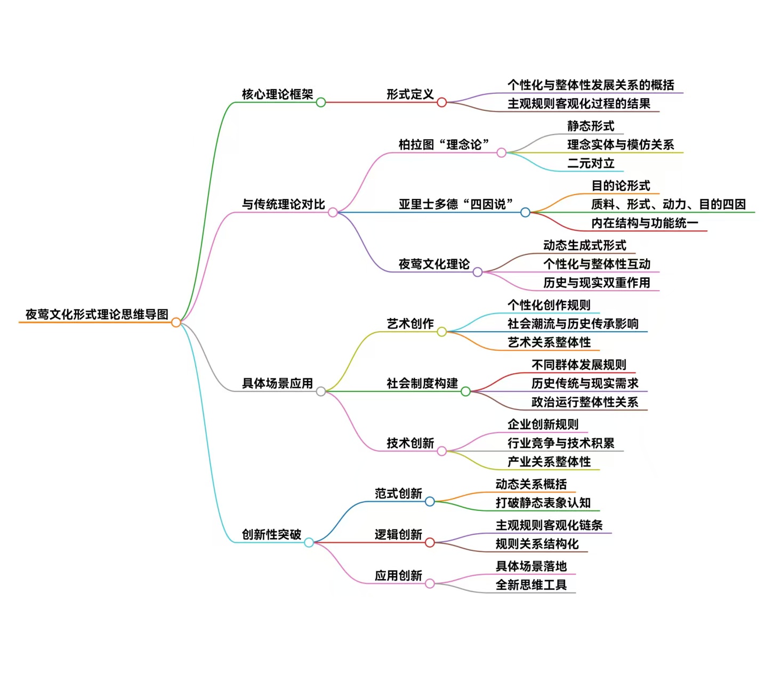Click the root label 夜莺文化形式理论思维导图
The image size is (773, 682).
(x=97, y=315)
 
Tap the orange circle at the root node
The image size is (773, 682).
(x=176, y=322)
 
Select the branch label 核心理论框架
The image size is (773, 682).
(x=277, y=94)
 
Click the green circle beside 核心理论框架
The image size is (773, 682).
(x=321, y=102)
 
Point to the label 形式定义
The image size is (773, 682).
(x=410, y=94)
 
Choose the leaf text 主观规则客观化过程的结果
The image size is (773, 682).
(x=578, y=103)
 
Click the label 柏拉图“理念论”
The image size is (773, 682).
(x=444, y=145)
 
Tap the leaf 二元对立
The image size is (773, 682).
(x=591, y=163)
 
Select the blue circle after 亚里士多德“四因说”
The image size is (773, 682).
(x=525, y=212)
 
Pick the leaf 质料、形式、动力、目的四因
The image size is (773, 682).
(x=668, y=204)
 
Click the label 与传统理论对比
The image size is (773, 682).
(x=284, y=204)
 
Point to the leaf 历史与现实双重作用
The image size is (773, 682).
(x=597, y=283)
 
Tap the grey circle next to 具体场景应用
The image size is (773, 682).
(x=321, y=391)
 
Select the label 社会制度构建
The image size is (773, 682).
(x=422, y=383)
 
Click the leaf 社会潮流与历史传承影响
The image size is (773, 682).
(x=573, y=324)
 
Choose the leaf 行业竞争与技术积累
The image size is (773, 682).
(x=561, y=443)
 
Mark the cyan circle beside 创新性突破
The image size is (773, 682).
(x=309, y=542)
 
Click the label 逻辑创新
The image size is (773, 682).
(x=398, y=534)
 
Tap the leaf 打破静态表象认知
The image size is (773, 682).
(x=543, y=503)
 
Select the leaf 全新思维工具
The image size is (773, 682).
(x=531, y=585)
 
